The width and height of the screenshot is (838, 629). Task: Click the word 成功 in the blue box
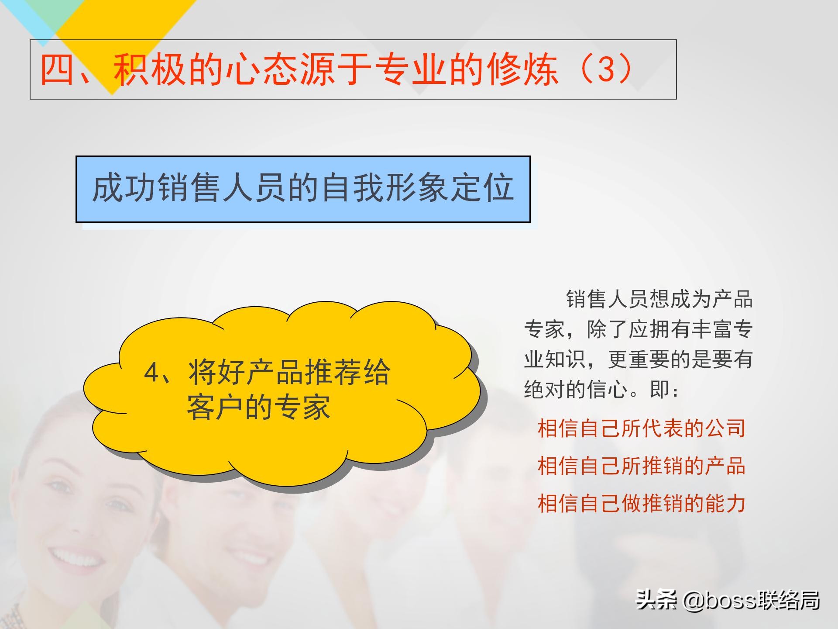124,188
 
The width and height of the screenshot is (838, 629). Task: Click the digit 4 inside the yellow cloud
151,373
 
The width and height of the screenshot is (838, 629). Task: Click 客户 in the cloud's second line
214,408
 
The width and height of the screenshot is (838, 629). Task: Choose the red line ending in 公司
641,428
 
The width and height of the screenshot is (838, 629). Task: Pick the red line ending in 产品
641,466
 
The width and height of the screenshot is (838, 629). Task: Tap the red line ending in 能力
641,503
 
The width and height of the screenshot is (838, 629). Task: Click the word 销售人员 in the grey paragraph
607,300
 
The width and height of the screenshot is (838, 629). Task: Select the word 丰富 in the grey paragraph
712,329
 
